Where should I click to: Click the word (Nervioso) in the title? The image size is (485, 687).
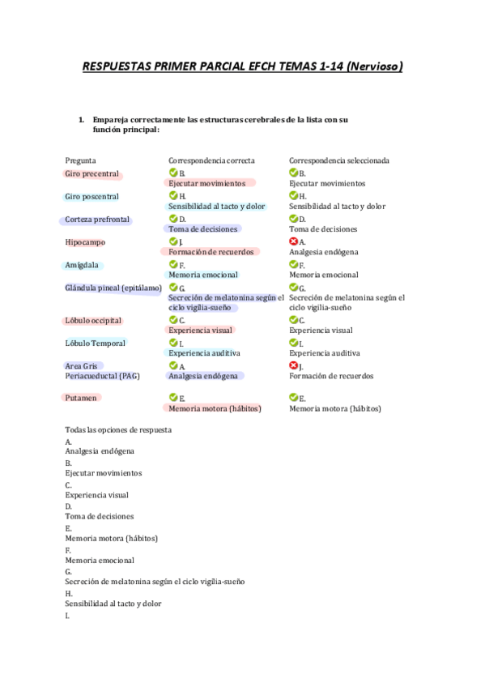point(374,66)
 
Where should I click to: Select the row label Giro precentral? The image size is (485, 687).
point(91,173)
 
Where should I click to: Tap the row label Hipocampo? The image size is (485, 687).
point(85,242)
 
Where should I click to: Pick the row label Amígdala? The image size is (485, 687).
point(83,265)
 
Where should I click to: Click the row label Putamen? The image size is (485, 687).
point(81,398)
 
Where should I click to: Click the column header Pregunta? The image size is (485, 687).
point(80,160)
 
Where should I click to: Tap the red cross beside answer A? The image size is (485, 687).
point(294,241)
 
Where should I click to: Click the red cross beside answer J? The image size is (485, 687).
point(294,366)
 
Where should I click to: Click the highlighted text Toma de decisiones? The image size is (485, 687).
point(204,229)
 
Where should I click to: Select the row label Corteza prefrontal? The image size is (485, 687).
point(96,220)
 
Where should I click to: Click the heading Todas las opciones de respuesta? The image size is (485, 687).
point(118,429)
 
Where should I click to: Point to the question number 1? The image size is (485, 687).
point(81,120)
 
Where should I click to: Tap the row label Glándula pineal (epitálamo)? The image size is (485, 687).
point(113,288)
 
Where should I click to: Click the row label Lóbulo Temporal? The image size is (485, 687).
point(95,343)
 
